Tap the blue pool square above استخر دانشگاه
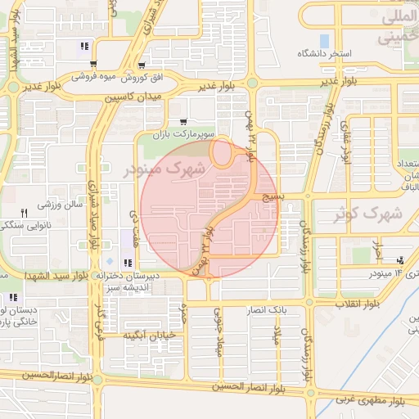tap(325, 40)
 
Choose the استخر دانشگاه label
tap(328, 54)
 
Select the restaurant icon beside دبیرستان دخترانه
tap(128, 263)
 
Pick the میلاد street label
tap(277, 332)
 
